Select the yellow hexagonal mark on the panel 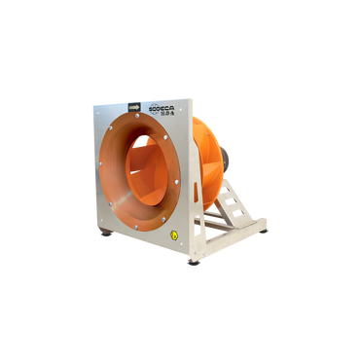click(174, 234)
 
